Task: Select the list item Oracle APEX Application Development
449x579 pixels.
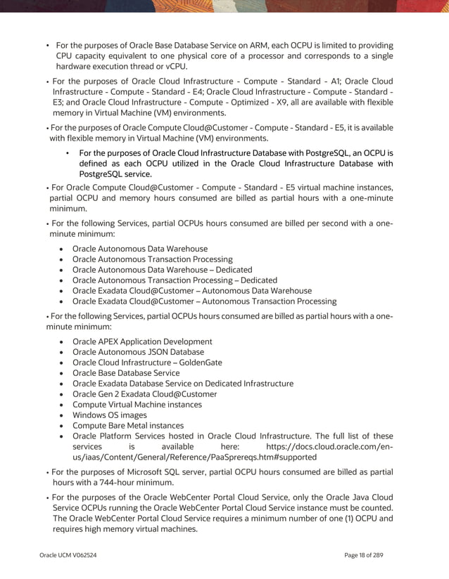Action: tap(141, 341)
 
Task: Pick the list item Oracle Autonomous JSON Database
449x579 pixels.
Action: tap(138, 352)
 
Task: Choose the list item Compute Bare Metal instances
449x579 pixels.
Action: tap(127, 425)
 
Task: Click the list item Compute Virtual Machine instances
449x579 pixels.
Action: tap(137, 404)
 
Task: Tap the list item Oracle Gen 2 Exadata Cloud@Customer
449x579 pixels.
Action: tap(144, 394)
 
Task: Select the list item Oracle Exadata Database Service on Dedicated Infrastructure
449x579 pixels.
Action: tap(182, 384)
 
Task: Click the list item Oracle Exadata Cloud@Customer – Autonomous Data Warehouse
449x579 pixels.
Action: tap(191, 291)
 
